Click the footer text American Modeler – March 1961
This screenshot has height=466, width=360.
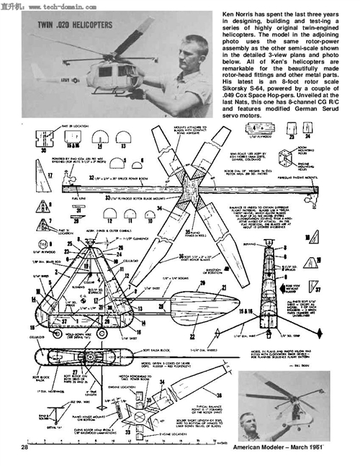pos(276,449)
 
